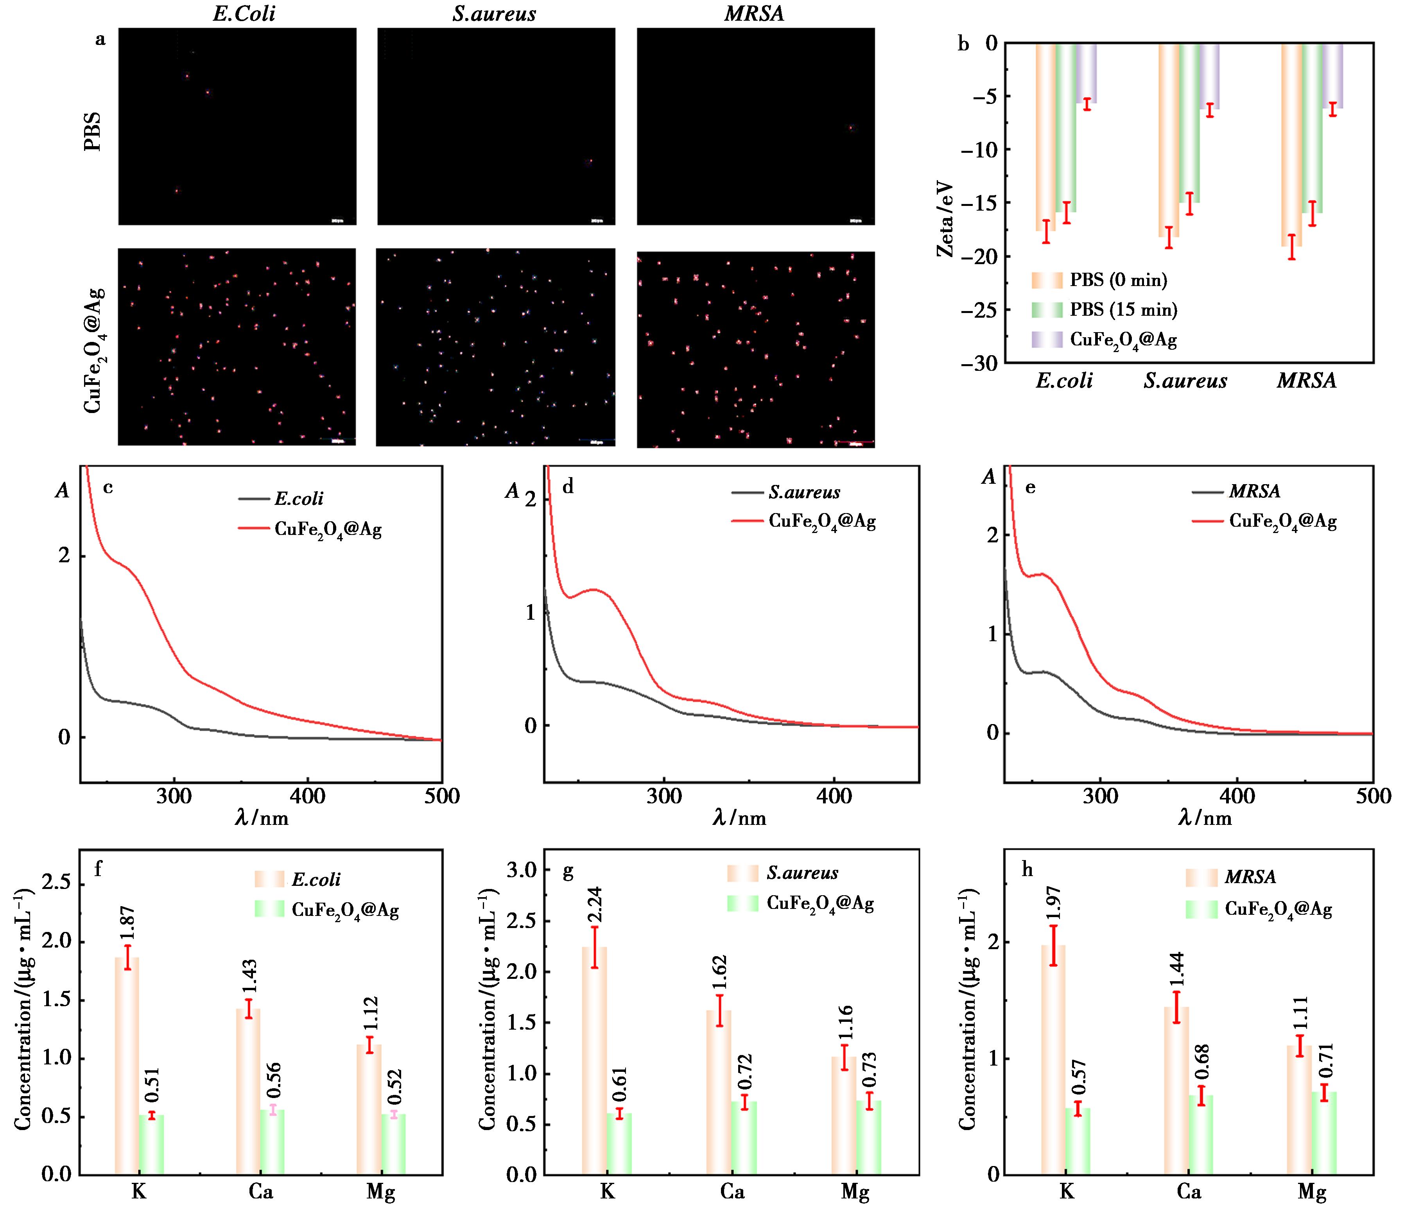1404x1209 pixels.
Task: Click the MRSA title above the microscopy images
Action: pyautogui.click(x=754, y=14)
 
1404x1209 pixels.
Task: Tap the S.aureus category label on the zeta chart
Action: pyautogui.click(x=1185, y=381)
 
